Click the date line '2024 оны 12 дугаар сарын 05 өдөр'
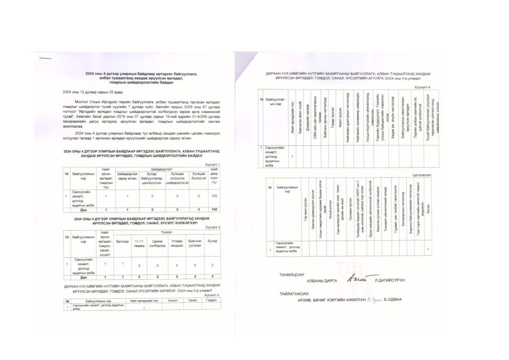tap(85, 92)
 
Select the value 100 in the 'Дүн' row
tap(214, 210)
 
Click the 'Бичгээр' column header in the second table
tap(122, 241)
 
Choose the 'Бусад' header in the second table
tap(212, 241)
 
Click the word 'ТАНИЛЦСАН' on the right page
tap(291, 274)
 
